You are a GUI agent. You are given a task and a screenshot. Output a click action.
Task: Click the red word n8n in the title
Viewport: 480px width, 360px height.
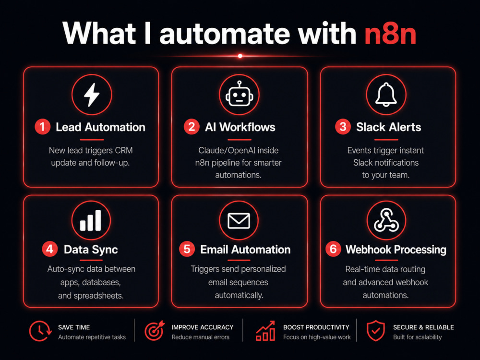(390, 34)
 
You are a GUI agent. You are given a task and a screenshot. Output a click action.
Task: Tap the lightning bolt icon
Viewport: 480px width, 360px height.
(92, 95)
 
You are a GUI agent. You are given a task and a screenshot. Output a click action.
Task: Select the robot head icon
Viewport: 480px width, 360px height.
(239, 94)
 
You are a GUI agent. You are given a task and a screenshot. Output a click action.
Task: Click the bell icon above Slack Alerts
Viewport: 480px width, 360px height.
(386, 95)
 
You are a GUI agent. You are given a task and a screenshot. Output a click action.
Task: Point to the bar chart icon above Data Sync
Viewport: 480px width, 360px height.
(90, 220)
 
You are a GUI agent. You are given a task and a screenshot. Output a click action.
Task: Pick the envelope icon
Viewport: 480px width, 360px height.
(239, 220)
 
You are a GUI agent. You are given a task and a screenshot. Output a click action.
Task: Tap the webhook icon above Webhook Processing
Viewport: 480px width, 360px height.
(386, 220)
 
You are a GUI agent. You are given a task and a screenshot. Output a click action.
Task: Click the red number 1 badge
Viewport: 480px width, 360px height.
(43, 127)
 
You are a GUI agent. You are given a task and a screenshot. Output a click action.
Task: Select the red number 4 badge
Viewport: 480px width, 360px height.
(50, 249)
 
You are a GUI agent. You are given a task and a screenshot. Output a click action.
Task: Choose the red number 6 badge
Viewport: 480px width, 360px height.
(333, 249)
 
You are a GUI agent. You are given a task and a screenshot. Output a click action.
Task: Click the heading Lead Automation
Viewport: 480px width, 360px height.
(100, 127)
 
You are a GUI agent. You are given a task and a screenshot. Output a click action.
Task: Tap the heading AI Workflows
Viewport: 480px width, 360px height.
(240, 127)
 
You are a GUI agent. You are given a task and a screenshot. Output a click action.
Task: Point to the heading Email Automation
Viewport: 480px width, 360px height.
(245, 250)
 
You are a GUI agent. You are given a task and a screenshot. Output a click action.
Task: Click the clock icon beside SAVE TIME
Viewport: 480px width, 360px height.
(40, 331)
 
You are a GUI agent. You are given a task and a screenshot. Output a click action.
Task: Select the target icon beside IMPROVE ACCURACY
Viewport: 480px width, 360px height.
(155, 330)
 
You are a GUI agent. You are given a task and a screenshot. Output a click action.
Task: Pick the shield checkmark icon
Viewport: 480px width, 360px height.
(376, 331)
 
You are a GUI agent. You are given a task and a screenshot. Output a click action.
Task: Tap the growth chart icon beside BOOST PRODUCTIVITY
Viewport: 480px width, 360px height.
(265, 331)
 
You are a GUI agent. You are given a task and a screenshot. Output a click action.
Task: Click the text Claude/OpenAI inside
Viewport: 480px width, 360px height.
(239, 150)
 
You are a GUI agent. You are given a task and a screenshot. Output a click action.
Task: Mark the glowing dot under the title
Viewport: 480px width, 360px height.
(240, 56)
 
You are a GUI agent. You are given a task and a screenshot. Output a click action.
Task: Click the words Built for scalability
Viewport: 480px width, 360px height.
(417, 337)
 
